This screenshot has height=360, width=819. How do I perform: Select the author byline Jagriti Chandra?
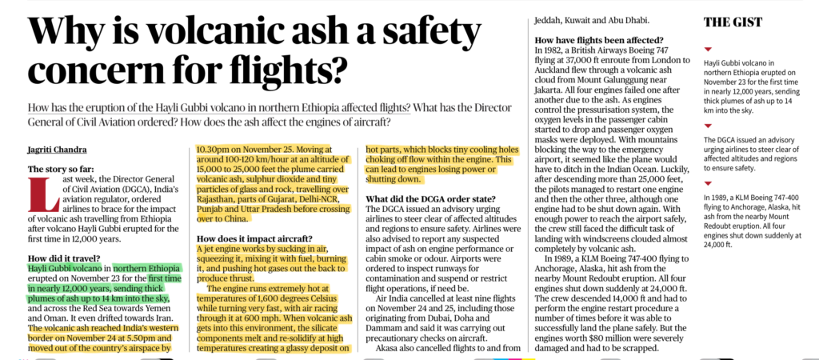click(58, 150)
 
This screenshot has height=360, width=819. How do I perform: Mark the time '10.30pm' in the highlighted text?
click(215, 148)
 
